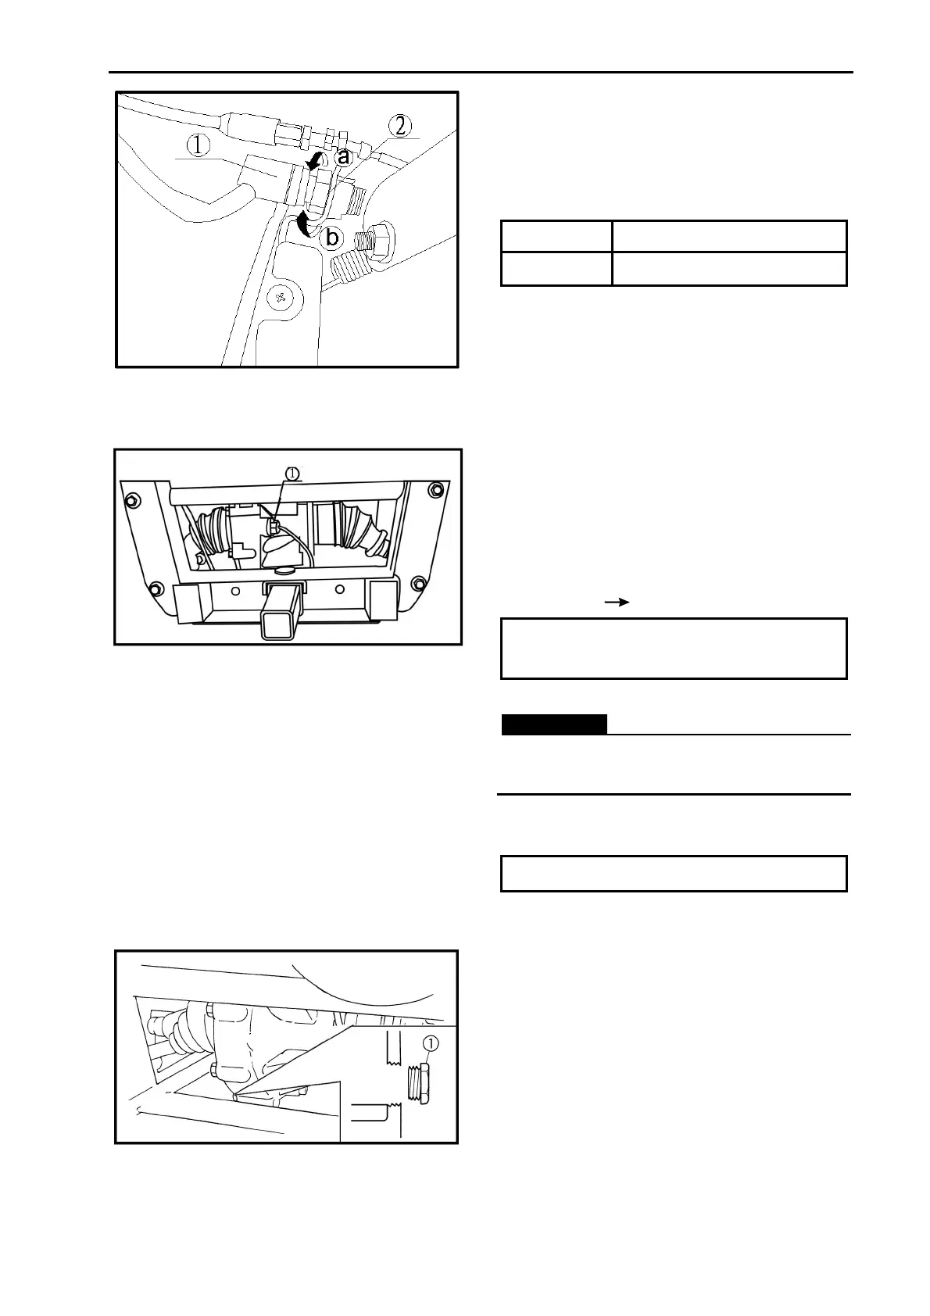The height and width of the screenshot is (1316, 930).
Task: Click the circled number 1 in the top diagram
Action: [200, 145]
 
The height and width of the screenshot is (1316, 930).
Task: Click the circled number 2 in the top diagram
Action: [399, 126]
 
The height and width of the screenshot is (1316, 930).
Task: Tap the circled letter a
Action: [343, 156]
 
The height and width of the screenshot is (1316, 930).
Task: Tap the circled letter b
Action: [333, 235]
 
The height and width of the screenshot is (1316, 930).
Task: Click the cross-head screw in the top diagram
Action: [279, 297]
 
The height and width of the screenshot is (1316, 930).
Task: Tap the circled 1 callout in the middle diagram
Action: [292, 474]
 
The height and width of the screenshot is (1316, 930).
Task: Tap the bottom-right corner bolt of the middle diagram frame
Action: [419, 581]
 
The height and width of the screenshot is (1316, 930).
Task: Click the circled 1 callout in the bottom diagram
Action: [430, 1043]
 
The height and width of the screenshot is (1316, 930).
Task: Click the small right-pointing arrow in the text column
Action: [617, 603]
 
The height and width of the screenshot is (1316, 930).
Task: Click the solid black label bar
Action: [553, 724]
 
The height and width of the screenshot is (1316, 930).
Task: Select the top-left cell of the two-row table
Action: [556, 236]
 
